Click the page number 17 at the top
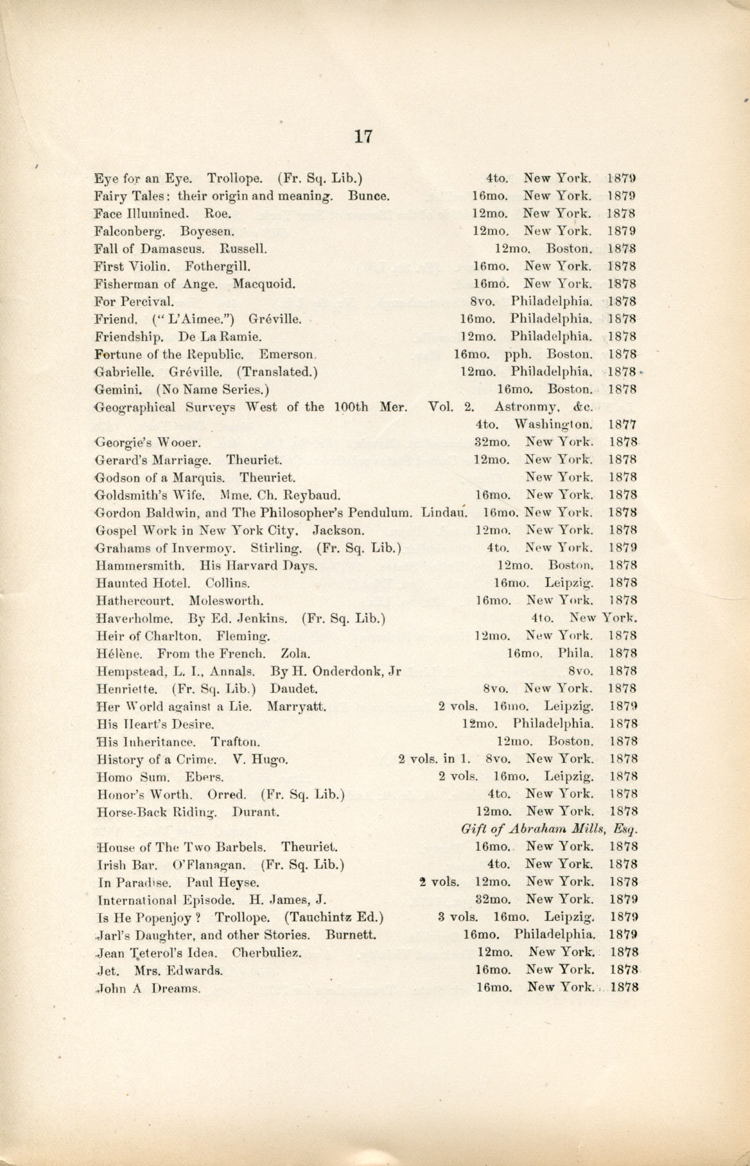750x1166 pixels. [363, 137]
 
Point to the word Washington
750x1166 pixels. [553, 424]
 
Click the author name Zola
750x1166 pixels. [297, 654]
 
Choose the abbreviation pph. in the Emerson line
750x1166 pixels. [516, 354]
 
